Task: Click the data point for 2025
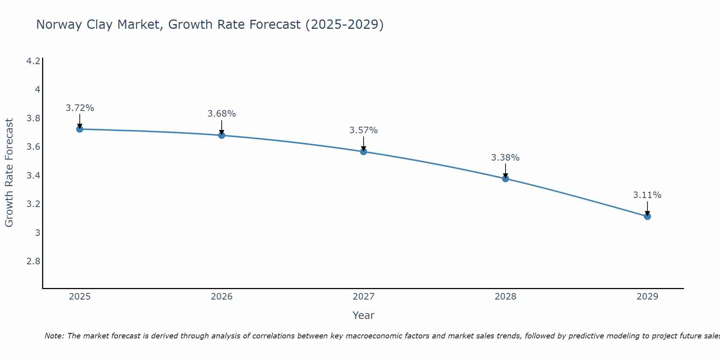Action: [80, 129]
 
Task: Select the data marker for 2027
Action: [364, 152]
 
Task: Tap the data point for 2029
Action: [647, 216]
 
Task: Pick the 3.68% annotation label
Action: [222, 114]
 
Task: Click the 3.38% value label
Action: [505, 158]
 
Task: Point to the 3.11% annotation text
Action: [647, 195]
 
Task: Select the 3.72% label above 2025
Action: [80, 108]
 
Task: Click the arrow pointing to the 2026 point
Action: [222, 127]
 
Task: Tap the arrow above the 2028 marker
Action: [505, 171]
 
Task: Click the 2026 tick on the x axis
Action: [222, 297]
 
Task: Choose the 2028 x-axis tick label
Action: [505, 297]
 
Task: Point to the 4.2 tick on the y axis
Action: [33, 61]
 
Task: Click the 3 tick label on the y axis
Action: [37, 233]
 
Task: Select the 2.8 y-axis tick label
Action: [33, 261]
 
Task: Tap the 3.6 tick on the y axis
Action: [33, 147]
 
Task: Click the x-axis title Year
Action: [364, 315]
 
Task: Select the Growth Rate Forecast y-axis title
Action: [9, 173]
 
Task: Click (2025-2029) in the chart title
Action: [345, 24]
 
